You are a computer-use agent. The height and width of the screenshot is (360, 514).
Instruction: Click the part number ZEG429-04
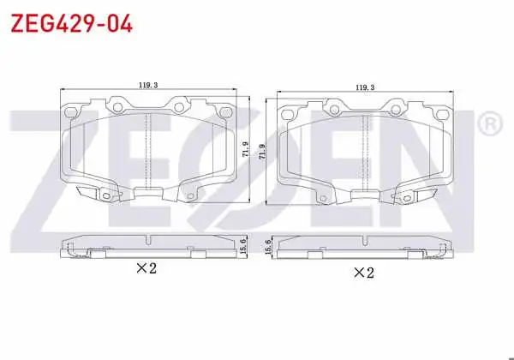tap(71, 23)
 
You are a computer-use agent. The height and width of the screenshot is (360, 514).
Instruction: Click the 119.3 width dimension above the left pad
tap(148, 85)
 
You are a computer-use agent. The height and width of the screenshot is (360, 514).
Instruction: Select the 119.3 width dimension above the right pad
tap(365, 87)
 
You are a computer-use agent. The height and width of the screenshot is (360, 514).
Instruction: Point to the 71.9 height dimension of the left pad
tap(246, 149)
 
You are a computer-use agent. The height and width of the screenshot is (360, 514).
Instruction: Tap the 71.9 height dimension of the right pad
tap(262, 152)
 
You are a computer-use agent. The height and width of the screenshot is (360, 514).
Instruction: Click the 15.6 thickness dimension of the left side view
tap(243, 246)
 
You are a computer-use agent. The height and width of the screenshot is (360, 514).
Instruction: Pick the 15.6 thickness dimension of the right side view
tap(267, 247)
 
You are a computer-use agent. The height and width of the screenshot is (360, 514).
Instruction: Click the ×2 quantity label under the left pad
tap(146, 268)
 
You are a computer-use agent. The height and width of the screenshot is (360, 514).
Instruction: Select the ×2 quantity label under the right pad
tap(363, 273)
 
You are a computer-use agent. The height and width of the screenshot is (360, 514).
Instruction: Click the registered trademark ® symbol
tap(490, 123)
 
